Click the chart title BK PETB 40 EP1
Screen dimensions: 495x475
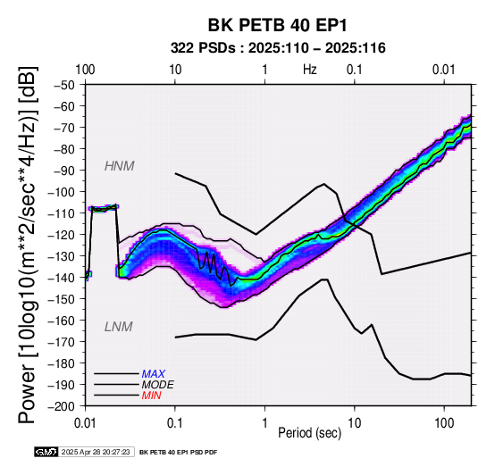click(277, 25)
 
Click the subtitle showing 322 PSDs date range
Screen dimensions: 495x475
click(278, 48)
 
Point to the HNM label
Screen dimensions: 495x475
click(120, 166)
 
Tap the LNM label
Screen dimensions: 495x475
click(118, 327)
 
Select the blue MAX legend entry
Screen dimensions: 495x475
click(153, 374)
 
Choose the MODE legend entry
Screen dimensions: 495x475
click(157, 385)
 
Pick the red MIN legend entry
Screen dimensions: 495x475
click(151, 396)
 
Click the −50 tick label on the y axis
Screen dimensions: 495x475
click(64, 85)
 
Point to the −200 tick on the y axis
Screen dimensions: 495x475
click(62, 406)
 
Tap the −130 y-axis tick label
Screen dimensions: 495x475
click(62, 256)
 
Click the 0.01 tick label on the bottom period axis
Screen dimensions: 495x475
click(85, 423)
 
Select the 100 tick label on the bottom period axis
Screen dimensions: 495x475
click(444, 423)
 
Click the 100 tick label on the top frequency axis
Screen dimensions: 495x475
click(85, 70)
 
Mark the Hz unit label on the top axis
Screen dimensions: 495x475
click(310, 70)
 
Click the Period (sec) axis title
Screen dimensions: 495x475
click(309, 433)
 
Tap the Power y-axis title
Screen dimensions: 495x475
click(28, 245)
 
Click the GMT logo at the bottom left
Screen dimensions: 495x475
click(46, 452)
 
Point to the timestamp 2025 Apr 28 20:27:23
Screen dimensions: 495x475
click(96, 452)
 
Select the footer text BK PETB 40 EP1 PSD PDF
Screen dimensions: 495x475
click(179, 453)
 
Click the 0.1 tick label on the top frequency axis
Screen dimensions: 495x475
click(355, 70)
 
